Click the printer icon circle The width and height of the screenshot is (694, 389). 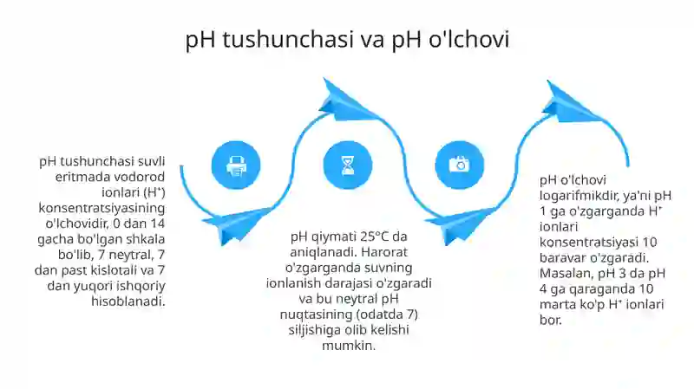point(236,165)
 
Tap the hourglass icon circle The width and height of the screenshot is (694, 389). point(348,165)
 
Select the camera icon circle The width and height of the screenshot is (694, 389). point(458,165)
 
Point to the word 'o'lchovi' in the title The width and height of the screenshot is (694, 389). point(469,40)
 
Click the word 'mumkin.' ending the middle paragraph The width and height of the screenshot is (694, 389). point(348,345)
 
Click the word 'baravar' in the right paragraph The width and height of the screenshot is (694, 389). point(561,257)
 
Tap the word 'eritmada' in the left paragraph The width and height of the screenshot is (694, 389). point(68,177)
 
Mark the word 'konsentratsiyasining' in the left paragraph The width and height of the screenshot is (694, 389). point(101,208)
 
